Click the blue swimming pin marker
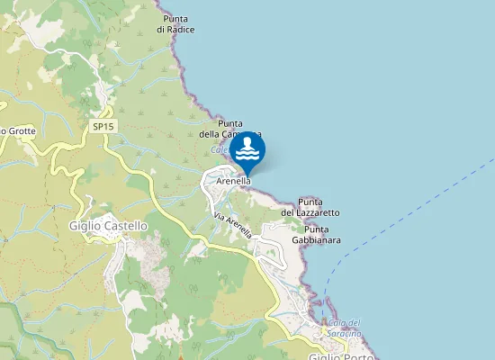point(247,151)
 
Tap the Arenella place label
point(233,181)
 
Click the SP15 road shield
point(103,127)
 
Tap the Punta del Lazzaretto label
point(310,207)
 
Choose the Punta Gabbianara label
point(315,235)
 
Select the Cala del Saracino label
point(344,328)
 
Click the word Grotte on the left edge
point(22,131)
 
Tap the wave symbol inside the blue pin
point(247,156)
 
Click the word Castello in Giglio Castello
point(124,226)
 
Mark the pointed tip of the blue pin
point(247,175)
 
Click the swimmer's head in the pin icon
point(247,142)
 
